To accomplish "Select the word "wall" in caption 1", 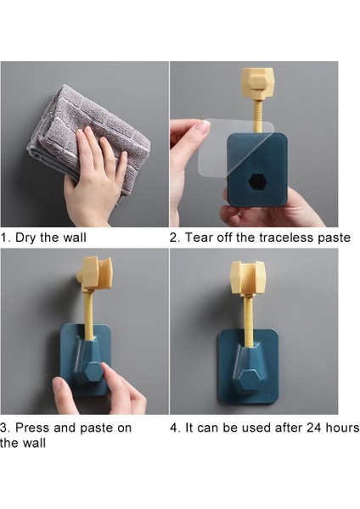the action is tap(74, 238).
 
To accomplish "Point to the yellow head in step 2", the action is tap(258, 83).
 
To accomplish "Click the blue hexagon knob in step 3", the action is tap(92, 372).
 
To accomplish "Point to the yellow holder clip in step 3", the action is tap(95, 273).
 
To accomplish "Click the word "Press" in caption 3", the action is tap(32, 428).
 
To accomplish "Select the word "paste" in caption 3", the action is tap(97, 428).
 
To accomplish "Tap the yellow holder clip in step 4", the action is tap(248, 277).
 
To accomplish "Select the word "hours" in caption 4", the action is tap(342, 428).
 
